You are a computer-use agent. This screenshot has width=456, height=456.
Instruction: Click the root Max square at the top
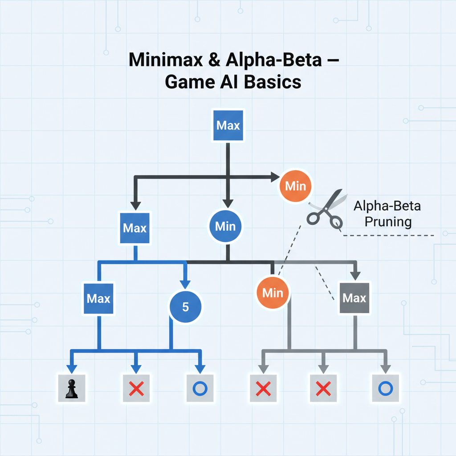click(x=228, y=126)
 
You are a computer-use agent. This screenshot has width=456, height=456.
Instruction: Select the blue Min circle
click(x=225, y=226)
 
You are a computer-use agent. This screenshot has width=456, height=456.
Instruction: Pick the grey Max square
click(x=354, y=298)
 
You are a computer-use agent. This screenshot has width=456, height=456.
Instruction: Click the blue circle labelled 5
click(x=186, y=307)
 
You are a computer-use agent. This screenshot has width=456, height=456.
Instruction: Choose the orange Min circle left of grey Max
click(x=273, y=293)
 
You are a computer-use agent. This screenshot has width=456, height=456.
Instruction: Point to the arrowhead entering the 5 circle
click(x=186, y=285)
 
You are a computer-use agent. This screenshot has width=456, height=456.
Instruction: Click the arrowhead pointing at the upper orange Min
click(x=273, y=177)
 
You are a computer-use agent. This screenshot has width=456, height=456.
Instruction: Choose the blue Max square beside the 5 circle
click(x=98, y=298)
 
